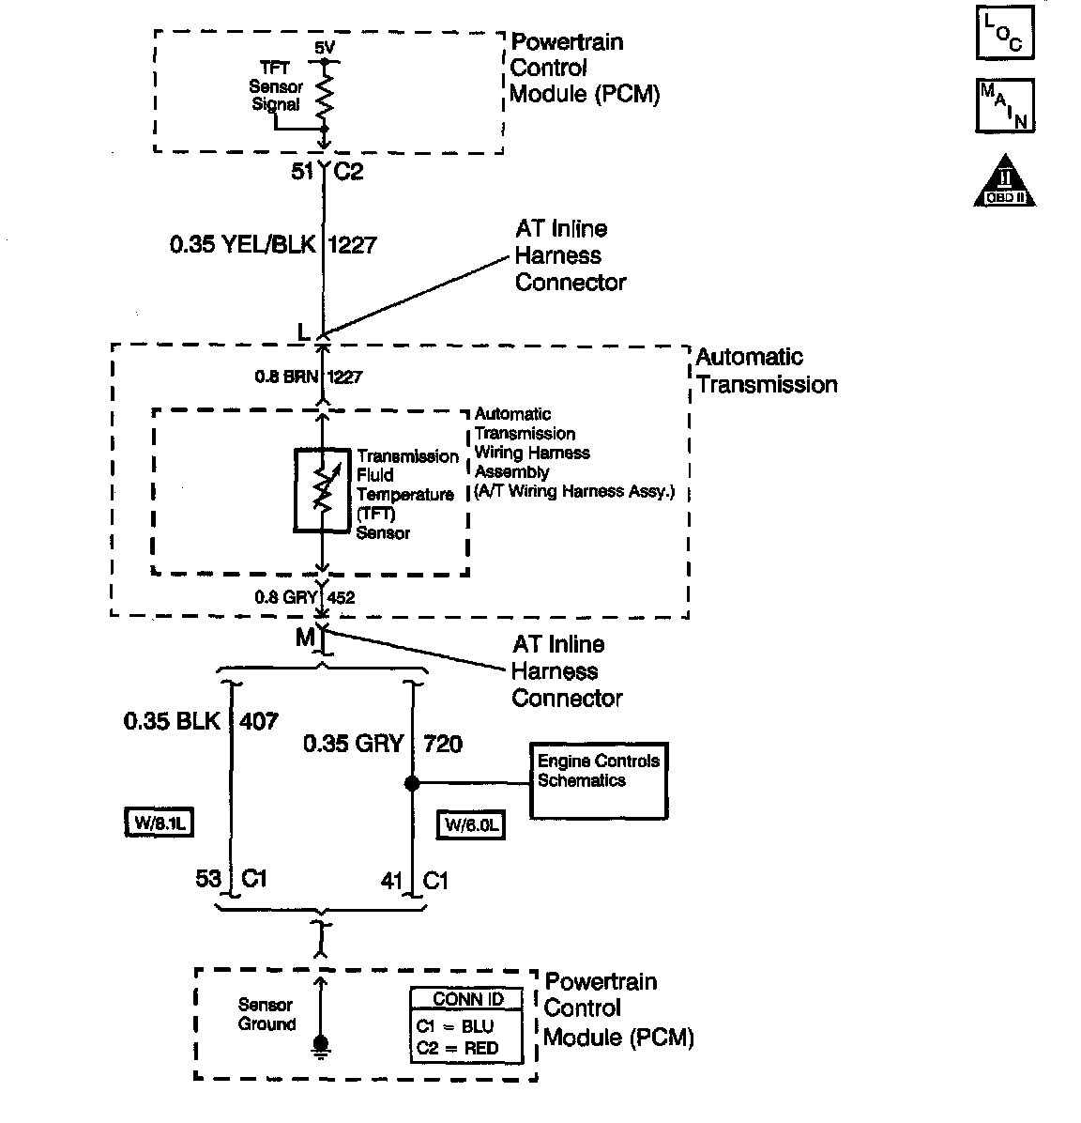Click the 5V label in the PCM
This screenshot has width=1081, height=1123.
coord(323,48)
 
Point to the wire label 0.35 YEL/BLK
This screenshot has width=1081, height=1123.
coord(242,245)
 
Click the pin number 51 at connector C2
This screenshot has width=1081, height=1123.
coord(301,172)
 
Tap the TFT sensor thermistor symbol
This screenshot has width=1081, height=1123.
coord(323,490)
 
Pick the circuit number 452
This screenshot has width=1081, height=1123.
coord(342,596)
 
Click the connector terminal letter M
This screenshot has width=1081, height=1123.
coord(305,638)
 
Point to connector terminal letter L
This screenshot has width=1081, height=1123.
coord(302,332)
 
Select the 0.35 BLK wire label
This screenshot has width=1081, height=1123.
coord(172,721)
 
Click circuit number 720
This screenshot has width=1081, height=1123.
coord(443,744)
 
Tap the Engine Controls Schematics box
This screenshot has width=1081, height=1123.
coord(598,781)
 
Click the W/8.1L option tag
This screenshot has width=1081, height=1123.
coord(159,823)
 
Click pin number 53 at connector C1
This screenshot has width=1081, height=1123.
coord(208,879)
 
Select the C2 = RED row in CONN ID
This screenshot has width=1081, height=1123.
coord(465,1048)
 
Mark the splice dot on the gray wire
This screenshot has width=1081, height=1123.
coord(411,782)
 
